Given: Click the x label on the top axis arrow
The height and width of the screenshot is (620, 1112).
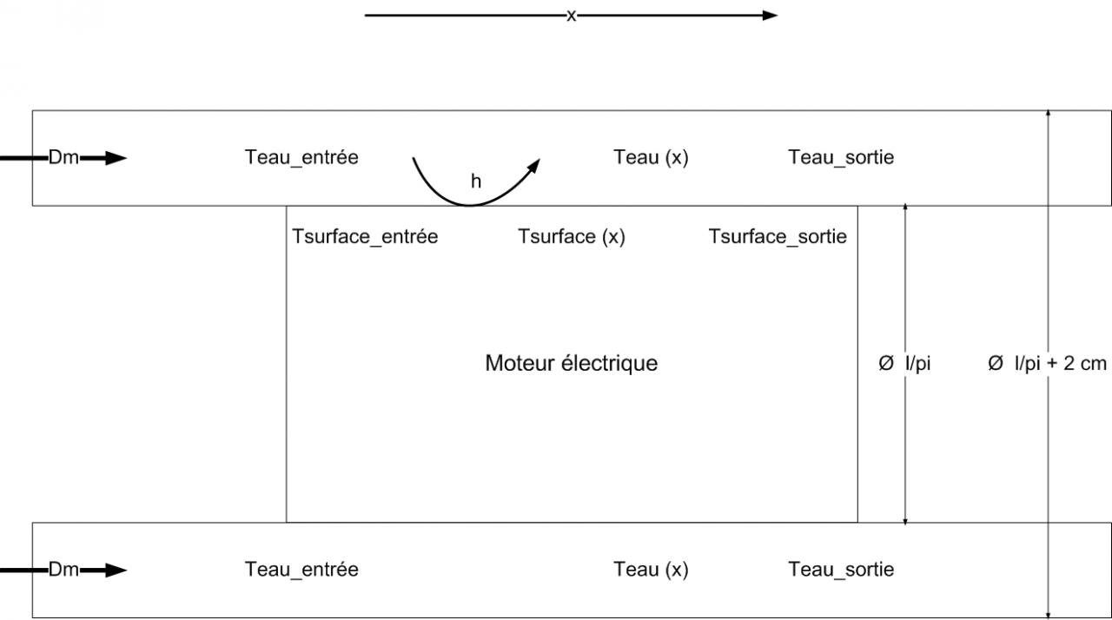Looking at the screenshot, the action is click(571, 16).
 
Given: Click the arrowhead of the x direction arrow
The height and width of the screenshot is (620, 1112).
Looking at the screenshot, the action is click(770, 15).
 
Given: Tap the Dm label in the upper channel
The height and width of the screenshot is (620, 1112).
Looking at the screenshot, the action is click(63, 158).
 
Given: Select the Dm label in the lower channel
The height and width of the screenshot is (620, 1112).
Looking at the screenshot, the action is click(63, 571).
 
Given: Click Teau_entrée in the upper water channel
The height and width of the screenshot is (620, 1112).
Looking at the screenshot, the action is click(301, 157).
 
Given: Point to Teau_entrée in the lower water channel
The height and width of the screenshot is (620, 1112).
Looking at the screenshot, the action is click(301, 570).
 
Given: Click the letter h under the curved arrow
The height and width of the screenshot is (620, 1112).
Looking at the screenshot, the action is click(475, 181).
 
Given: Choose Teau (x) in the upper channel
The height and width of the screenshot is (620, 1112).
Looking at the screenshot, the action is click(651, 157).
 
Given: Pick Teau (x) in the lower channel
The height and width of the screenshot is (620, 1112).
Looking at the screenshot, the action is click(651, 570).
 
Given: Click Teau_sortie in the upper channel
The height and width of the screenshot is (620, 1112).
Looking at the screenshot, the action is click(841, 157).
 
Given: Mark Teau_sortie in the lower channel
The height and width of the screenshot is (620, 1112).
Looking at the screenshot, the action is click(841, 570).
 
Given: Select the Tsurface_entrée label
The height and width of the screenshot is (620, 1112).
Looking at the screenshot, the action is click(365, 237).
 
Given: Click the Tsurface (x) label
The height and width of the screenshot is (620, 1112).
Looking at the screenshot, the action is click(572, 237).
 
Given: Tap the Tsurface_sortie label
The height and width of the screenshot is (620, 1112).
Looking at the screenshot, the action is click(778, 237).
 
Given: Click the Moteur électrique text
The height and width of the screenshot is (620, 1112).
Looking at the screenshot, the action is click(571, 363).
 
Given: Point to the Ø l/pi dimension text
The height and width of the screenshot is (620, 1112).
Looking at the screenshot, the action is click(904, 364).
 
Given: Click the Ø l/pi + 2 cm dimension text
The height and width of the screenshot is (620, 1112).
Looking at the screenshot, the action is click(1047, 364).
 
